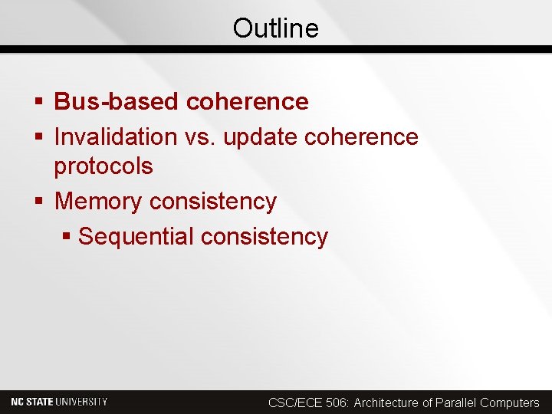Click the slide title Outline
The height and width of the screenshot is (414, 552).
point(275,28)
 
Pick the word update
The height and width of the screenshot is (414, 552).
point(261,138)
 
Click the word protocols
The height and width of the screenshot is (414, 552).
point(103,166)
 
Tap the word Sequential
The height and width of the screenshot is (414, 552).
point(136,237)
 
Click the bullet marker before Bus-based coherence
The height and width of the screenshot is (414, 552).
point(38,102)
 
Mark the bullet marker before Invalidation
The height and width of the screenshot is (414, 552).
point(38,138)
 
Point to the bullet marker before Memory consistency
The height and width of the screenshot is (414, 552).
point(38,202)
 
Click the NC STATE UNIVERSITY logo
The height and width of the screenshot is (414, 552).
point(59,402)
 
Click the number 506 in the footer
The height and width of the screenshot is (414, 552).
point(336,402)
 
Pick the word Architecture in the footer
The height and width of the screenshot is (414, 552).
point(386,402)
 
